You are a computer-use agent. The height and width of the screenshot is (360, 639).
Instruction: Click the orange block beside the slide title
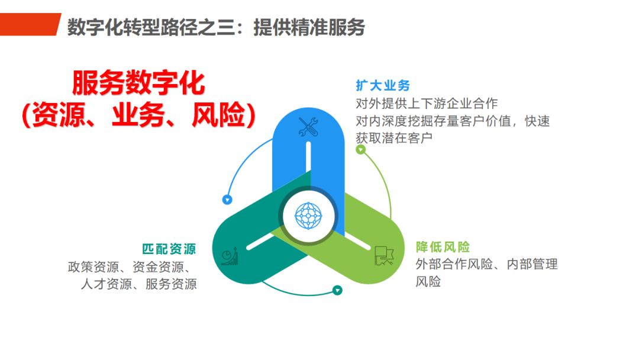30,24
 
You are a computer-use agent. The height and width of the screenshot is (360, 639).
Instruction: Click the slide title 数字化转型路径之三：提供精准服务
216,27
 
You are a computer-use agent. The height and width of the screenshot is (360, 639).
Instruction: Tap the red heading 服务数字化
138,83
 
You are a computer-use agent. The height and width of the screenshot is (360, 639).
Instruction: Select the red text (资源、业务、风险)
138,114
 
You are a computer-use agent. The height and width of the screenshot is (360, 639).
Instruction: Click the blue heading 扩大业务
383,86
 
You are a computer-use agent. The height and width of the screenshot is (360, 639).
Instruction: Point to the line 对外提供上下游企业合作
427,104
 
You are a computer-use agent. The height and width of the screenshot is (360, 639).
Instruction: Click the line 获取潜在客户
394,138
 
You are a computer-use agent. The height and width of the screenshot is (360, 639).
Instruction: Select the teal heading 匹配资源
169,249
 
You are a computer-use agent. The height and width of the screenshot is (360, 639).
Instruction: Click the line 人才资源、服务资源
138,284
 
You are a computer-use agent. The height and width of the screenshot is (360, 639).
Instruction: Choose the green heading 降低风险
443,247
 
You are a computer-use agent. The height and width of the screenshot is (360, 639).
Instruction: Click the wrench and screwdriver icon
308,126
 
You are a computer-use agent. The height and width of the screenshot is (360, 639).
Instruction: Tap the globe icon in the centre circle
308,216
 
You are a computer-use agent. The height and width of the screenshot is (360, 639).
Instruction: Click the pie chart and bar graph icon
230,256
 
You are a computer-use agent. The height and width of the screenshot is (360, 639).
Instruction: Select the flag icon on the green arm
384,256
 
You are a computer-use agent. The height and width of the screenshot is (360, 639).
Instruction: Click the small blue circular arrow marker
227,200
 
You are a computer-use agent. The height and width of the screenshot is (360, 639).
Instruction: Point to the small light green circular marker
361,150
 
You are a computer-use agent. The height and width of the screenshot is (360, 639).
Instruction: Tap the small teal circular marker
337,290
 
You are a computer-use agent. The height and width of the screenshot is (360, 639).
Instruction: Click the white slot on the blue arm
308,156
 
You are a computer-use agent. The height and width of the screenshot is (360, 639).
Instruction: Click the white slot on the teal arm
260,242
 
